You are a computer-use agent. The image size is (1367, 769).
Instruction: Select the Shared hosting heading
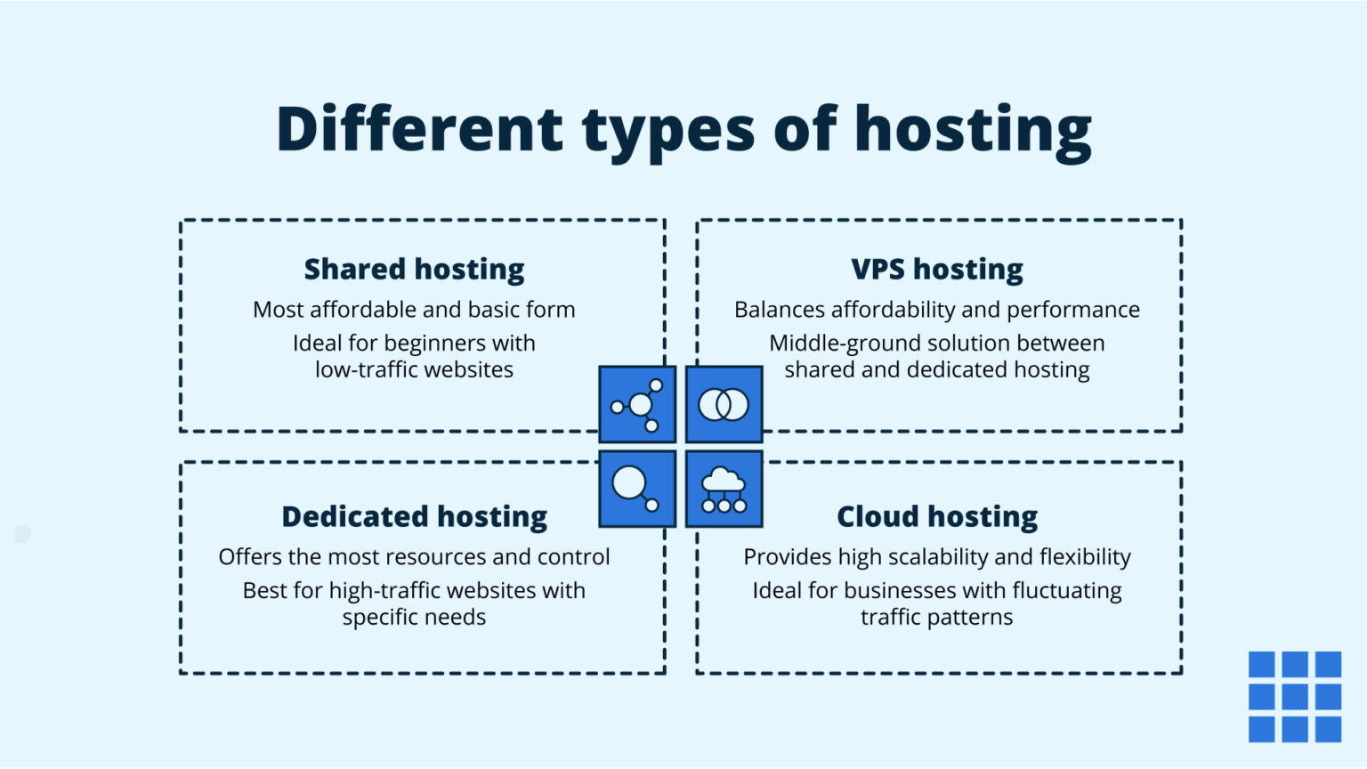coord(414,269)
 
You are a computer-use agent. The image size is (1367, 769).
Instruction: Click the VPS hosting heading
coord(936,269)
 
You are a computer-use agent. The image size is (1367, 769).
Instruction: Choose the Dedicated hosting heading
coord(414,516)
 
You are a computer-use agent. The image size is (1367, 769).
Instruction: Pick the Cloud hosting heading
coord(936,516)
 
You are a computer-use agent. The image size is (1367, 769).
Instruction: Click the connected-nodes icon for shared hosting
coord(637,405)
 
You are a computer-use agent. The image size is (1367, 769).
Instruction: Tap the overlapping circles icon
coord(724,405)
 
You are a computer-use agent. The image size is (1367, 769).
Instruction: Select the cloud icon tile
coord(724,490)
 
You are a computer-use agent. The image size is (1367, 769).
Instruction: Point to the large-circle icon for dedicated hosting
coord(637,490)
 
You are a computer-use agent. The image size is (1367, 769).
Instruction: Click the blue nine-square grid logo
coord(1294,696)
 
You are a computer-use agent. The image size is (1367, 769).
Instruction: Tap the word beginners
coord(435,344)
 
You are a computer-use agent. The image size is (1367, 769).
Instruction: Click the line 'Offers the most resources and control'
coord(414,557)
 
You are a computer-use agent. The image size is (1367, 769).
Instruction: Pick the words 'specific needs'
coord(414,618)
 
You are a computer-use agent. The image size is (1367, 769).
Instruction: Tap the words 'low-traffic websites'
coord(414,370)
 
